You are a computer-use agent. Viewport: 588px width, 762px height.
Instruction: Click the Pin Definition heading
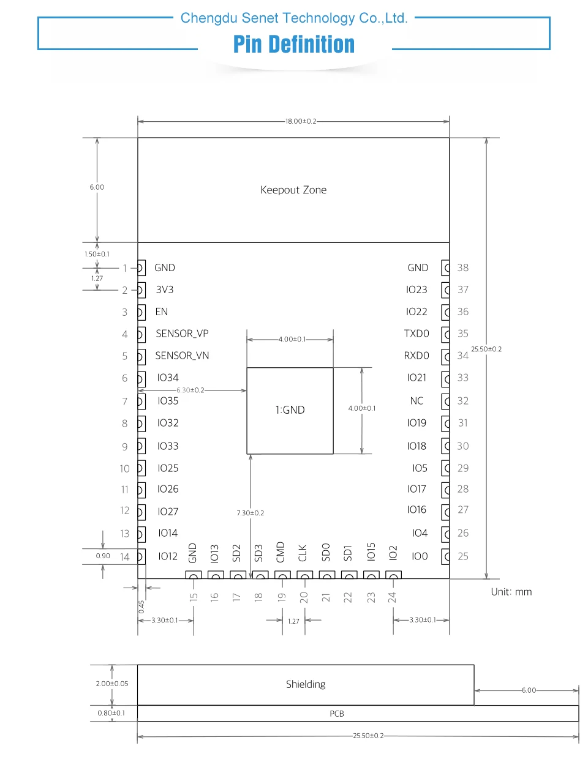[x=294, y=45]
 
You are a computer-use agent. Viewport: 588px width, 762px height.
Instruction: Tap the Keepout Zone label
[x=293, y=190]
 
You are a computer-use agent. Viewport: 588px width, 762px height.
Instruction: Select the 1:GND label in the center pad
[x=290, y=410]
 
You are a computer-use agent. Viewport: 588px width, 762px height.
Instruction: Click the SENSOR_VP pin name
[x=182, y=334]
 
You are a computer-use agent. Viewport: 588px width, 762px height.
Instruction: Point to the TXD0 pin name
[x=417, y=334]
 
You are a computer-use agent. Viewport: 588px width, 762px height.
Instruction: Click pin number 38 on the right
[x=463, y=267]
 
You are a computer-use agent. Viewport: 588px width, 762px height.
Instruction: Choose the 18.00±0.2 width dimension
[x=301, y=121]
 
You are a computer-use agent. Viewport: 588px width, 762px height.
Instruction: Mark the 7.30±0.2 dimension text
[x=251, y=513]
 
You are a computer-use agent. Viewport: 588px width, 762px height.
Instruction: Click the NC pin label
[x=417, y=401]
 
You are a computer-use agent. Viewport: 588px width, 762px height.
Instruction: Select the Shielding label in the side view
[x=306, y=684]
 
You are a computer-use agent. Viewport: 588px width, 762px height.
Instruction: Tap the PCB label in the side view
[x=337, y=714]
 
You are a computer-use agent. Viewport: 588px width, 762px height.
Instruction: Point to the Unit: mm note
[x=511, y=592]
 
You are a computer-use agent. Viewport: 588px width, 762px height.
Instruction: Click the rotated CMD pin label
[x=281, y=552]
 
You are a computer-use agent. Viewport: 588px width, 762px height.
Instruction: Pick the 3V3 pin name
[x=164, y=289]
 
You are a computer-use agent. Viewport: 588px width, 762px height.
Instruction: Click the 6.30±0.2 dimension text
[x=190, y=390]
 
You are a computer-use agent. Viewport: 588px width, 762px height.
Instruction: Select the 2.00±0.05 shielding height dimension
[x=112, y=684]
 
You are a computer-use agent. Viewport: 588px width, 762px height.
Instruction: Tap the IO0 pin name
[x=420, y=556]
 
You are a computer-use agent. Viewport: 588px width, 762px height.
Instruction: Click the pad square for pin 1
[x=141, y=267]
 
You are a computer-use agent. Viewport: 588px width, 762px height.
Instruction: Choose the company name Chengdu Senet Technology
[x=294, y=18]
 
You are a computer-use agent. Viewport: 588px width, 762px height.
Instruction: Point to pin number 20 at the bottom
[x=304, y=597]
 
